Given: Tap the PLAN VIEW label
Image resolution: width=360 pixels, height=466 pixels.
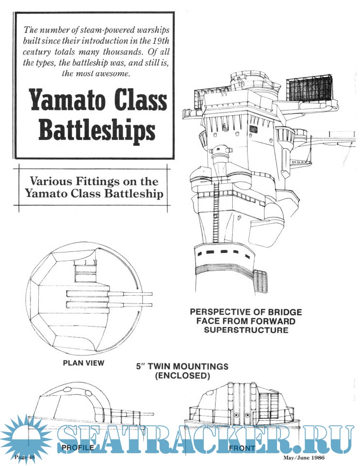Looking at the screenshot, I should [83, 363].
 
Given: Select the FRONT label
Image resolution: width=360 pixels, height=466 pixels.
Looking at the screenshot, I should [242, 448].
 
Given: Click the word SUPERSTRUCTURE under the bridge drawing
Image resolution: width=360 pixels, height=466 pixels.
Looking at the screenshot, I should [246, 330].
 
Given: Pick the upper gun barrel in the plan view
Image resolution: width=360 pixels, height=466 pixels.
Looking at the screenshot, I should [111, 294].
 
